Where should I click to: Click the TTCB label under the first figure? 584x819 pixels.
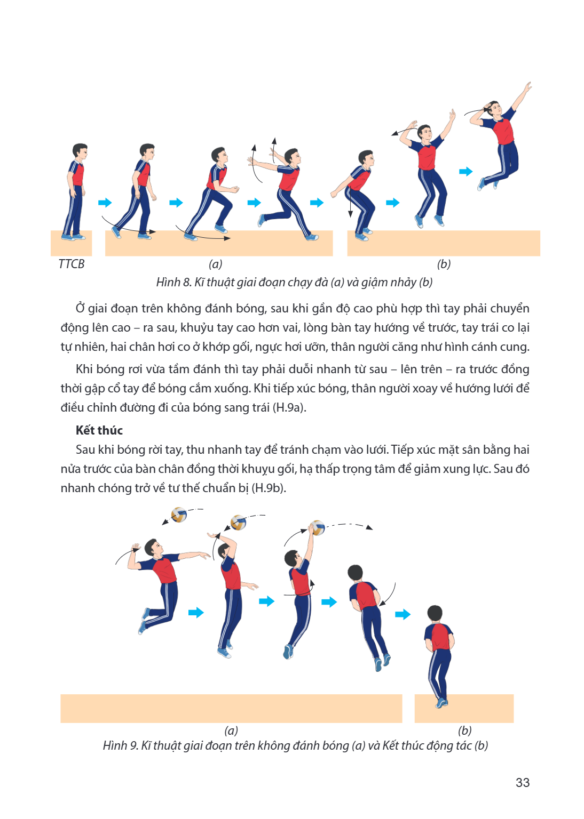point(72,264)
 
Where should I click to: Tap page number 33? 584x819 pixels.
point(523,782)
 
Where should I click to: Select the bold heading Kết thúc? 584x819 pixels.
point(99,430)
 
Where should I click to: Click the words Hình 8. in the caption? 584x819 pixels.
point(173,282)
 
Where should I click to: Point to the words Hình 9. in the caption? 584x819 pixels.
point(121,745)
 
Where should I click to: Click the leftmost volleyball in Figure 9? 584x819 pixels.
point(179,515)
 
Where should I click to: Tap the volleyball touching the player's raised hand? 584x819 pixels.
point(317,527)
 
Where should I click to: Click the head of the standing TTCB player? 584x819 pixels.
point(80,151)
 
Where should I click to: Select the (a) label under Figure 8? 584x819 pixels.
point(216,264)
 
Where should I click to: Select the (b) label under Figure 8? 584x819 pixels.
point(444,264)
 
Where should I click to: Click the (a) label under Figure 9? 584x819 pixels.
point(231,730)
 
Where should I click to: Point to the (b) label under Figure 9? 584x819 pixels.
point(464,730)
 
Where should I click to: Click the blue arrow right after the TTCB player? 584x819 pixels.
point(105,203)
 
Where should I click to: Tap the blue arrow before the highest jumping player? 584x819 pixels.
point(465,172)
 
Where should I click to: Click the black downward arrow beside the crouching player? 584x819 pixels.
point(350,202)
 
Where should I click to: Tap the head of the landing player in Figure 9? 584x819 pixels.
point(435,613)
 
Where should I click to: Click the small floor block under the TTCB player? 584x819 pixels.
point(71,243)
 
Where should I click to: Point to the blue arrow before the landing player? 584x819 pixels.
point(403,614)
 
